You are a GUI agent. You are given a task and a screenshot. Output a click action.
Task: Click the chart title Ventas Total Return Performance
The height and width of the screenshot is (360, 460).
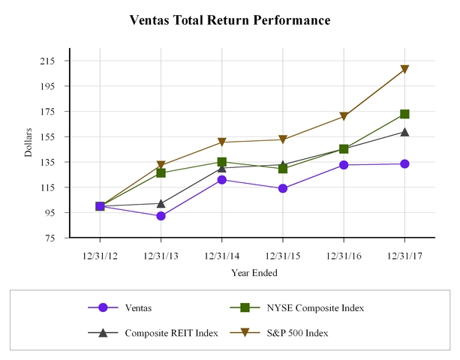[x=230, y=20]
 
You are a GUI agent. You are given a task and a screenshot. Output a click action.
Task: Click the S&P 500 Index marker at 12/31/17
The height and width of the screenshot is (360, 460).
[x=404, y=70]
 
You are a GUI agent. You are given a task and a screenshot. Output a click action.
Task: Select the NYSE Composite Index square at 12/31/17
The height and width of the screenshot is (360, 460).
[x=404, y=114]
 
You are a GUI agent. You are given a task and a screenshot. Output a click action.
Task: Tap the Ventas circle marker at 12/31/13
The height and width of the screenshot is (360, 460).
[x=161, y=216]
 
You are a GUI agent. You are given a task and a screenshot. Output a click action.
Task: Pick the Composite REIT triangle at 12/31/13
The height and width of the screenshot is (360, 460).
[x=161, y=203]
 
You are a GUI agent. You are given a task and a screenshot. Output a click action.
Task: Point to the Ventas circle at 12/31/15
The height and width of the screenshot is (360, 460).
[x=283, y=188]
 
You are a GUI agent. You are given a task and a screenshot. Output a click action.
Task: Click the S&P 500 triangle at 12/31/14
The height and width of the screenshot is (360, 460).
[x=222, y=142]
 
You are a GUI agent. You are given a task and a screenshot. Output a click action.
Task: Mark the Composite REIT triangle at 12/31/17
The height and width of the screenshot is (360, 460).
[x=404, y=132]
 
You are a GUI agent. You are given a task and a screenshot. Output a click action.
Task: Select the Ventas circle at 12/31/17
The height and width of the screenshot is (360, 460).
[x=404, y=163]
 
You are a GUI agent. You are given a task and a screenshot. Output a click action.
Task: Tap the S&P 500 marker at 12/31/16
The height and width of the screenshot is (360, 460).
[x=344, y=117]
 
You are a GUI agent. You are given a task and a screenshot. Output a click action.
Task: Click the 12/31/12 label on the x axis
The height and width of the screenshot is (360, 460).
[x=100, y=255]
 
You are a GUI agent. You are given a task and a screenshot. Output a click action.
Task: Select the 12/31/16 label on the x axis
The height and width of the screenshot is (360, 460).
[x=344, y=255]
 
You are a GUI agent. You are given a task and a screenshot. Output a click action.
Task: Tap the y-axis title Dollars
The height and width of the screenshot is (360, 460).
[x=29, y=142]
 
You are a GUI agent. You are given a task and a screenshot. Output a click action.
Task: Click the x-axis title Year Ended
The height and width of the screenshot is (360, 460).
[x=252, y=272]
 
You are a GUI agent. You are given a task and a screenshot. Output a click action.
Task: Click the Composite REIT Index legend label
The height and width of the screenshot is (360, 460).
[x=171, y=332]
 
